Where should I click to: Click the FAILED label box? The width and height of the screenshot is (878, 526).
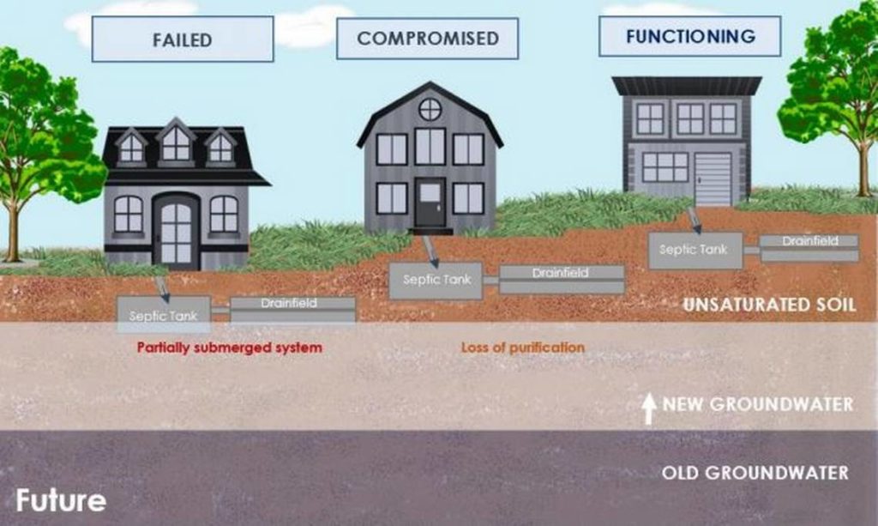183,39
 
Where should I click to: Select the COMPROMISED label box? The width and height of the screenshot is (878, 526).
427,38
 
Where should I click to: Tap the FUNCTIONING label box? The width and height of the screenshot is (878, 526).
690,36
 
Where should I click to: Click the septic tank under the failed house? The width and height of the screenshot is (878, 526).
164,315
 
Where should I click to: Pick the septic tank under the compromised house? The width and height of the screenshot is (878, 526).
436,280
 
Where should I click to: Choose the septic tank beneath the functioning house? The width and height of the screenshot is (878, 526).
695,251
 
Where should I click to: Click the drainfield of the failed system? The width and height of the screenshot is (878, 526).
293,310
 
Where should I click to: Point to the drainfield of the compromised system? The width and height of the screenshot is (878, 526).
562,280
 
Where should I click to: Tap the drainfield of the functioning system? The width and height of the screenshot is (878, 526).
809,248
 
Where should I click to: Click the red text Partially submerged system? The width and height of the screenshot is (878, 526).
230,348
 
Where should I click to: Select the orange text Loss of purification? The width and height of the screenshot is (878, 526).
523,348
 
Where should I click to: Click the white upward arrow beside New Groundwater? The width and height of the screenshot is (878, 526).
648,408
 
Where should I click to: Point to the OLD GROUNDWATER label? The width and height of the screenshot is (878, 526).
755,473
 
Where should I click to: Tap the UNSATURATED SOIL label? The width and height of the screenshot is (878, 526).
769,305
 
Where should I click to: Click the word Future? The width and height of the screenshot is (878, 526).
61,500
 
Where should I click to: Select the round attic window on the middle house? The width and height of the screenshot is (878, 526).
430,109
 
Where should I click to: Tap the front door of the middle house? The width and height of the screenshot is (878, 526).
430,203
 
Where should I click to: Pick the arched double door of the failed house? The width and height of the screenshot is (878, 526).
177,232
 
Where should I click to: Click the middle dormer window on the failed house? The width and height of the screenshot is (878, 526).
176,144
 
